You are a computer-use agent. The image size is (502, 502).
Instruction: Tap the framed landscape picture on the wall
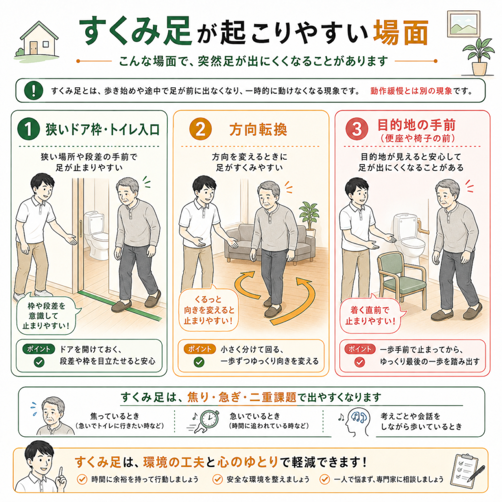pyautogui.click(x=464, y=25)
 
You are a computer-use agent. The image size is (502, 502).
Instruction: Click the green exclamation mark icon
pyautogui.click(x=34, y=91)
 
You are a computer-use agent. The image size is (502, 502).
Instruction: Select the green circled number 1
pyautogui.click(x=28, y=129)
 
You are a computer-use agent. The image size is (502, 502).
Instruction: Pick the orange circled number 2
pyautogui.click(x=200, y=129)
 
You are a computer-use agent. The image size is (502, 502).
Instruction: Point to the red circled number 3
pyautogui.click(x=357, y=129)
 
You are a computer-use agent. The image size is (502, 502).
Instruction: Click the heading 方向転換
pyautogui.click(x=258, y=129)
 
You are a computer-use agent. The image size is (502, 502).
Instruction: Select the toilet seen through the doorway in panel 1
pyautogui.click(x=96, y=235)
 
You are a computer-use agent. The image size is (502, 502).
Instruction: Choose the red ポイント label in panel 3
pyautogui.click(x=359, y=349)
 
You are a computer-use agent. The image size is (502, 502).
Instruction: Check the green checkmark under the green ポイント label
pyautogui.click(x=39, y=362)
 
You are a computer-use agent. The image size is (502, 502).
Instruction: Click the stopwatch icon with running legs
pyautogui.click(x=205, y=421)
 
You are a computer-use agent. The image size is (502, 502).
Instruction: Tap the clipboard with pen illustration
pyautogui.click(x=467, y=471)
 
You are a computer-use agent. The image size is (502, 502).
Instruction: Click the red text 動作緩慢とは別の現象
pyautogui.click(x=411, y=91)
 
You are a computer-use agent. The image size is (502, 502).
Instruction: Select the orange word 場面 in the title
pyautogui.click(x=401, y=33)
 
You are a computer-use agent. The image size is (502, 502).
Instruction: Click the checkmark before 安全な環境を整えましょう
pyautogui.click(x=217, y=479)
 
